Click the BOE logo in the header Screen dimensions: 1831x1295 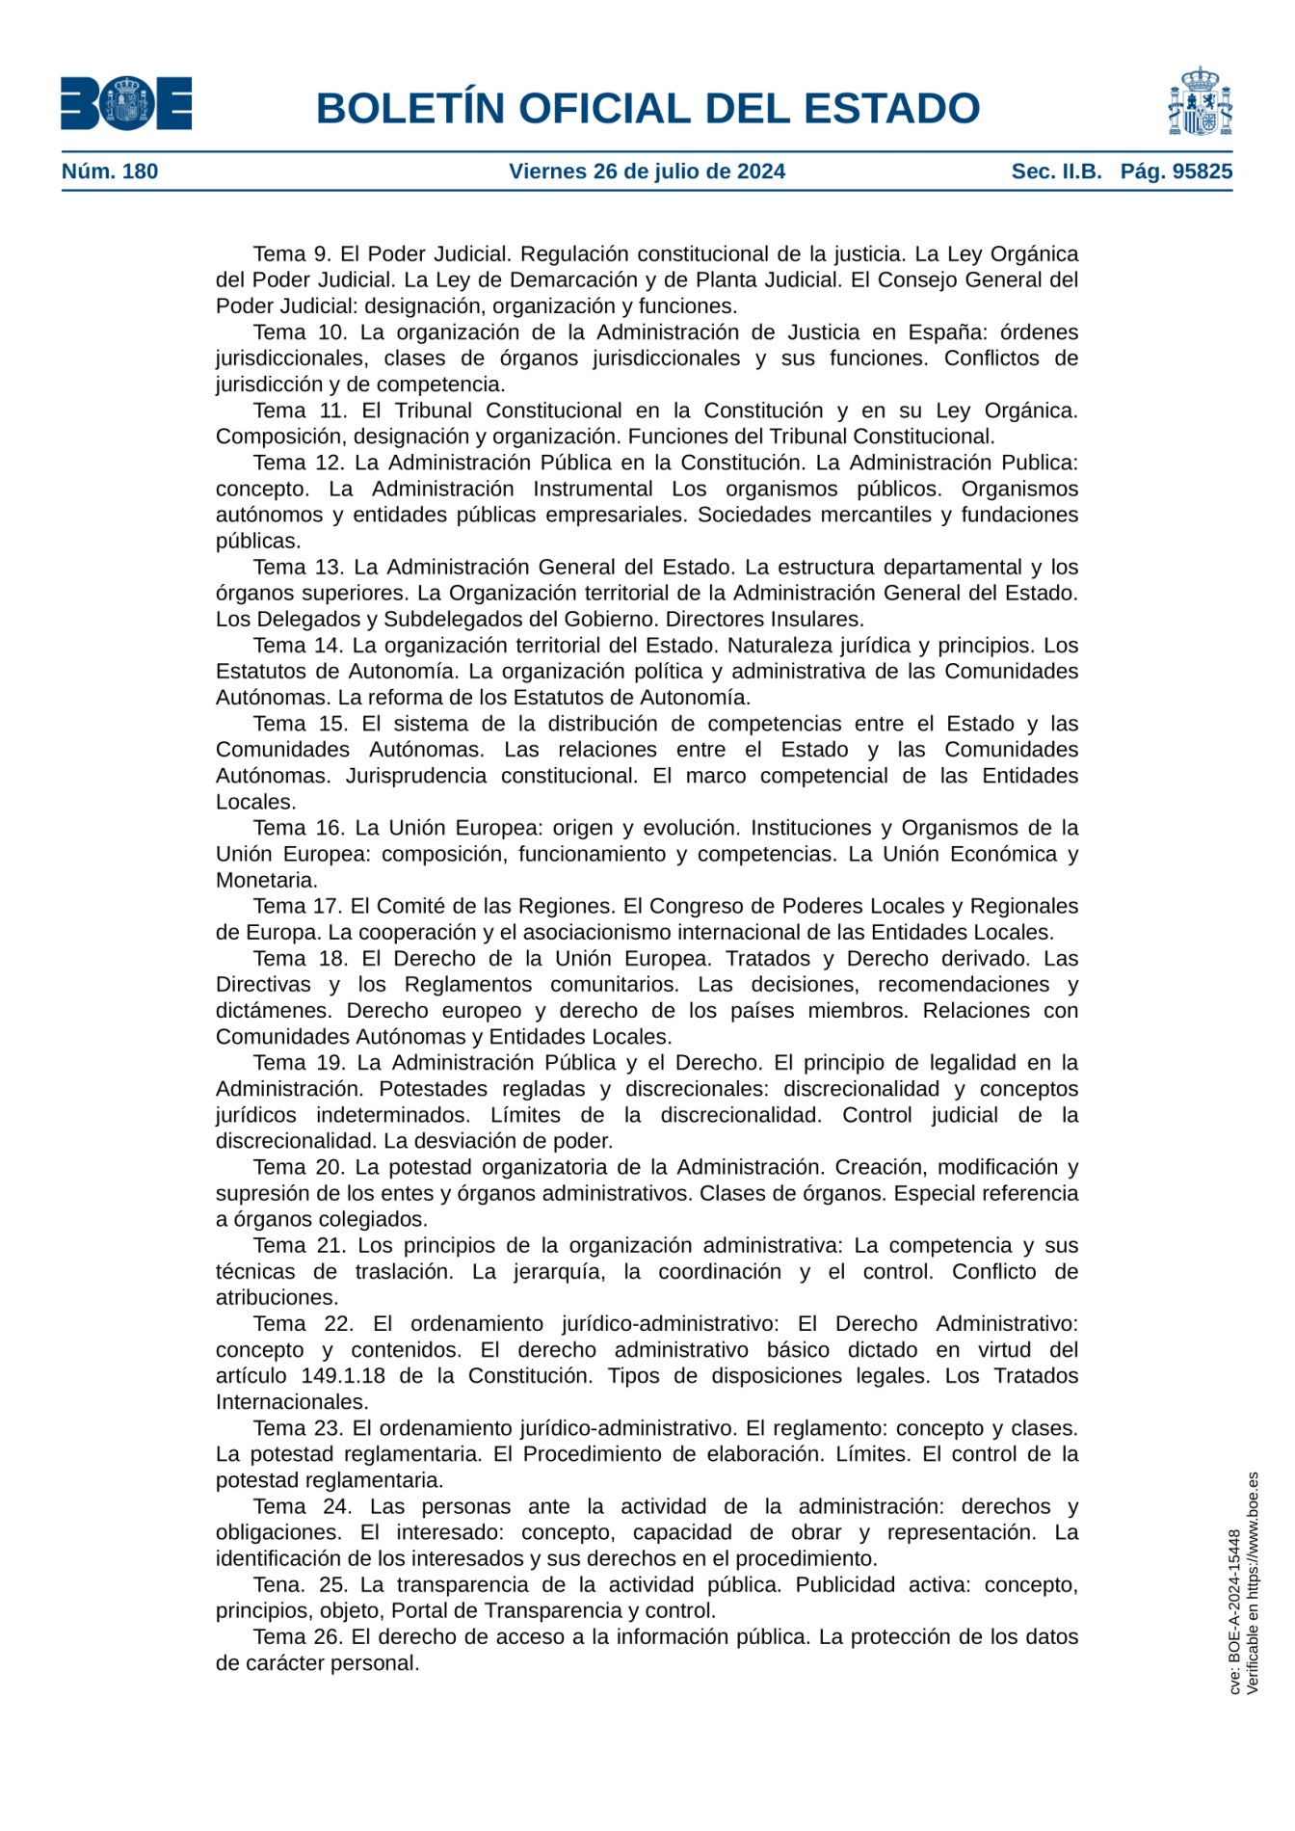click(126, 103)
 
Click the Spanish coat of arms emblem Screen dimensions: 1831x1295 click(1200, 102)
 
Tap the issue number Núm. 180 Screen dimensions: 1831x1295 click(110, 172)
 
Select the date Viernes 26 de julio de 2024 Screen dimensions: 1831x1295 click(647, 172)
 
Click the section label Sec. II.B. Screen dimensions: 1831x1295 click(1056, 172)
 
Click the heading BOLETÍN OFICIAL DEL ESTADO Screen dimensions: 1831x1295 click(647, 108)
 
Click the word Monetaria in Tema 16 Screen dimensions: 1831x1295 click(266, 881)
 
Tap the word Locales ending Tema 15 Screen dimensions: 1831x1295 click(255, 803)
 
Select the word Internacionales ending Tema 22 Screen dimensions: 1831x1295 click(292, 1402)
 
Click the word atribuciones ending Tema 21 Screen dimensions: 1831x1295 click(277, 1298)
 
